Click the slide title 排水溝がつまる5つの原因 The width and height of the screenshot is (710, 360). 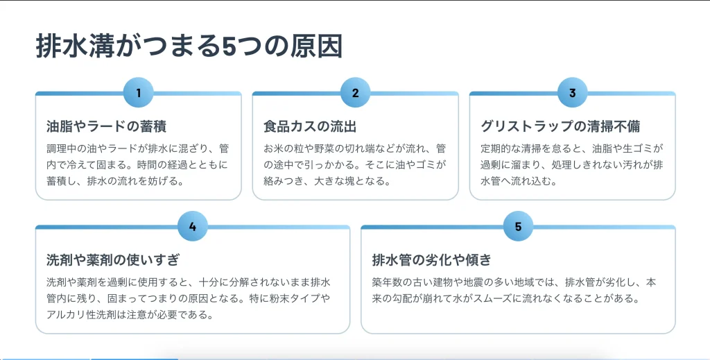click(x=189, y=46)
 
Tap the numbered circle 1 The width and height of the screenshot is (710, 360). click(x=139, y=92)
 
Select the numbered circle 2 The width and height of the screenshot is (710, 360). click(x=356, y=92)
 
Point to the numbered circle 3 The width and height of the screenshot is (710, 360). click(x=572, y=92)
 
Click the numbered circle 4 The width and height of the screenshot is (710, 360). click(x=193, y=226)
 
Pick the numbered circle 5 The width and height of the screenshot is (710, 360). click(x=518, y=226)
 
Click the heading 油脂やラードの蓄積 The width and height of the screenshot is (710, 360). click(x=106, y=126)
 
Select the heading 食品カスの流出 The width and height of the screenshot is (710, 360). click(x=310, y=126)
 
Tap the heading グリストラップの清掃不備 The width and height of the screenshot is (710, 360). click(x=560, y=126)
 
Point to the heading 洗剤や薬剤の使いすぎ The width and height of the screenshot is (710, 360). click(x=113, y=260)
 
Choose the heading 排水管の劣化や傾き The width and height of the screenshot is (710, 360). click(x=431, y=260)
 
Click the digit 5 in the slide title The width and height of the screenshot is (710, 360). click(x=230, y=46)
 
